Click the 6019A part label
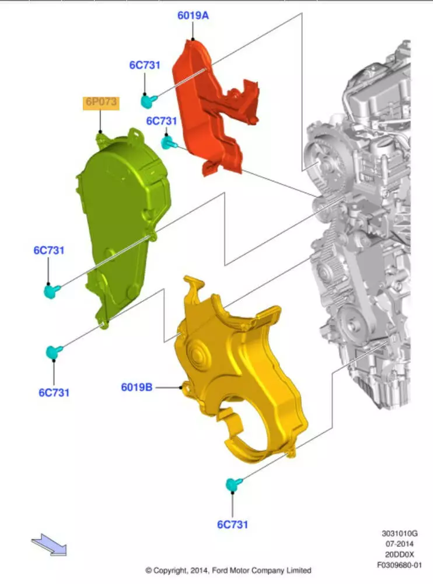(193, 15)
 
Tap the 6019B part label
(137, 387)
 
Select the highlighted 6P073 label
(101, 102)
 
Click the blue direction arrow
(49, 544)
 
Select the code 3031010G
(400, 533)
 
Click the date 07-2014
(400, 544)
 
